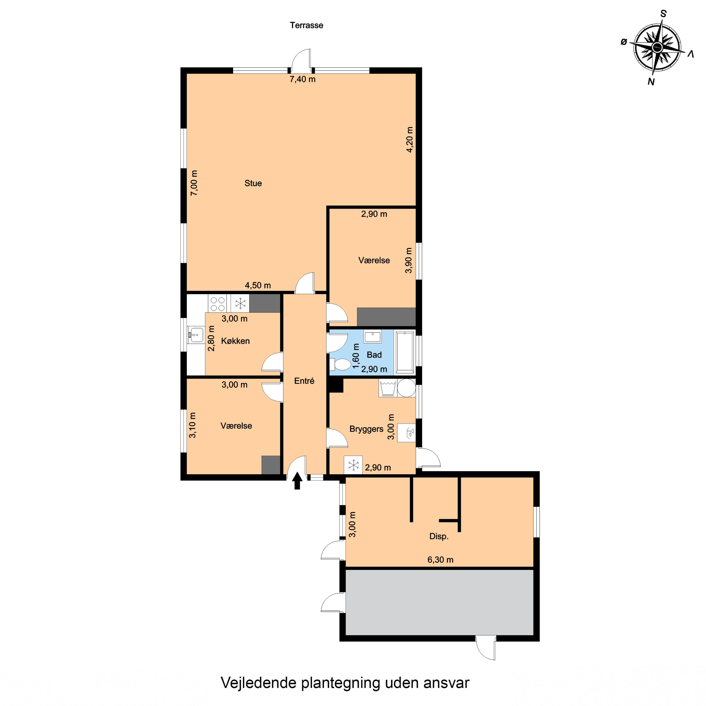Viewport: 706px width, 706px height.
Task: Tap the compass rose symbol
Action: pyautogui.click(x=657, y=48)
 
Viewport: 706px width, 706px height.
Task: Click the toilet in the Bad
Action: pyautogui.click(x=341, y=364)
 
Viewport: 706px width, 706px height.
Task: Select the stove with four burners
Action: pyautogui.click(x=217, y=304)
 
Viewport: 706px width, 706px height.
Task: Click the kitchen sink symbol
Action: pyautogui.click(x=196, y=334)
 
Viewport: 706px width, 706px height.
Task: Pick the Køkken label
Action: pyautogui.click(x=235, y=341)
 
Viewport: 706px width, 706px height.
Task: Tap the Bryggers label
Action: pyautogui.click(x=366, y=429)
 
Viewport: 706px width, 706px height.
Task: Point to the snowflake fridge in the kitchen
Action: pyautogui.click(x=240, y=303)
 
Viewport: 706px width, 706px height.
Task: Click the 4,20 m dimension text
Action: pyautogui.click(x=410, y=140)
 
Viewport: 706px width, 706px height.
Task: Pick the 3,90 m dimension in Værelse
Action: pyautogui.click(x=409, y=260)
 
